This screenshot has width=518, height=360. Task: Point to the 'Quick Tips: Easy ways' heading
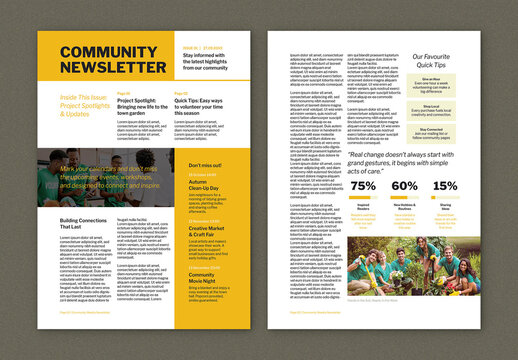click(205, 105)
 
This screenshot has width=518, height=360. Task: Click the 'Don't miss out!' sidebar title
click(205, 165)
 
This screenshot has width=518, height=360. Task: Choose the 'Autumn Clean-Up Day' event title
click(204, 185)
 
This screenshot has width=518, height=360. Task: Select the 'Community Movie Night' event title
click(204, 277)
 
